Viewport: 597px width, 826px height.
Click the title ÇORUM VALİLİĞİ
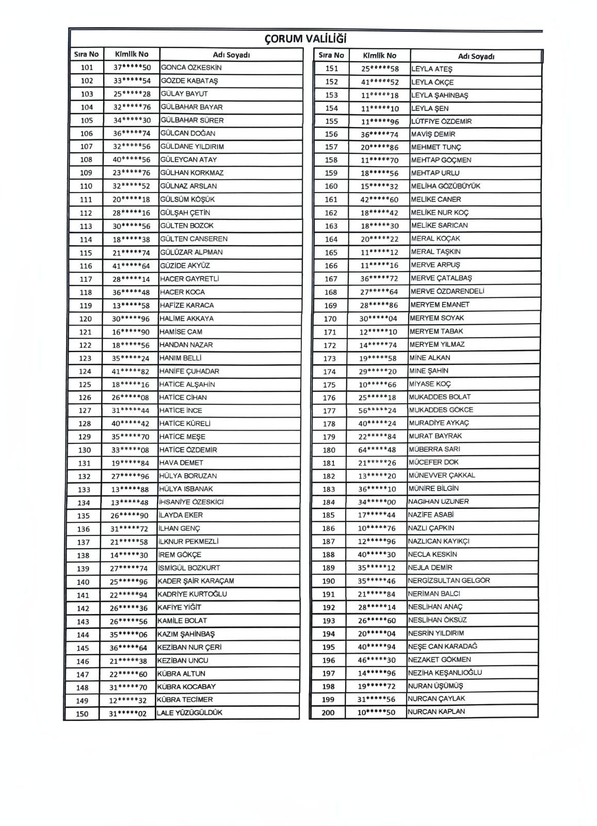[x=305, y=39]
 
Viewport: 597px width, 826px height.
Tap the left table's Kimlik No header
[x=131, y=54]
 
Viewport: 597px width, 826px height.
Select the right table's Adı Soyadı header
[x=476, y=56]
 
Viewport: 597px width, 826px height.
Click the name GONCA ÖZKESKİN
[x=191, y=68]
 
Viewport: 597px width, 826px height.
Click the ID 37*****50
[x=132, y=68]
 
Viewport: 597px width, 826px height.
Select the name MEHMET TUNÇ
[x=436, y=147]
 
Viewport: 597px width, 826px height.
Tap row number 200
[x=328, y=712]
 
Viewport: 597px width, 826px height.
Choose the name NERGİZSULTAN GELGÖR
[x=449, y=580]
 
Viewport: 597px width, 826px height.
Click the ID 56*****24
[x=378, y=410]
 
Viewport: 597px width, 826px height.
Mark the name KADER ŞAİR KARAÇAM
[x=196, y=581]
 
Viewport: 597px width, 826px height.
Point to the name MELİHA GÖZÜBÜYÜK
[x=445, y=186]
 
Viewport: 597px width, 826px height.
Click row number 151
[x=332, y=69]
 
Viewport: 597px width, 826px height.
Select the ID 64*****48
[x=377, y=450]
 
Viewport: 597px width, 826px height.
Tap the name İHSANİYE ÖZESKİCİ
[x=191, y=502]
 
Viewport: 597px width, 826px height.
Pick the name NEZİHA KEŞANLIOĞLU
[x=445, y=673]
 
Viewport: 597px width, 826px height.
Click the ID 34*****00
[x=377, y=502]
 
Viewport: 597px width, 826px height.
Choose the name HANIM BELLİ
[x=180, y=358]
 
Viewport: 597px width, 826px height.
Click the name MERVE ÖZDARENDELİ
[x=447, y=291]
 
